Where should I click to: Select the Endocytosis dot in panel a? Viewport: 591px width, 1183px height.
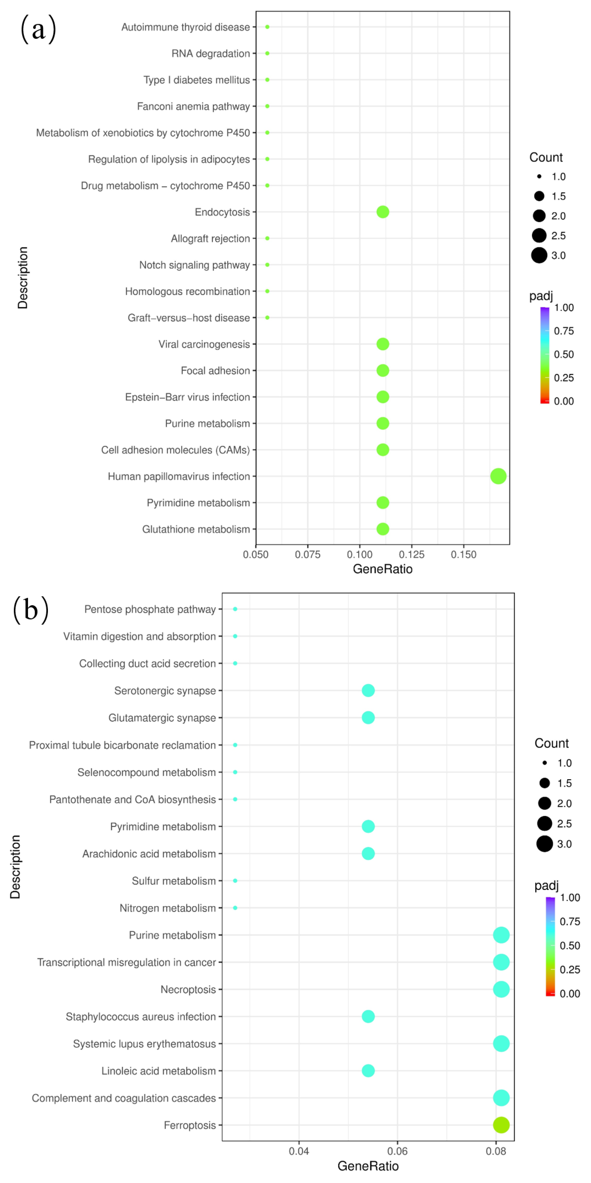pyautogui.click(x=383, y=212)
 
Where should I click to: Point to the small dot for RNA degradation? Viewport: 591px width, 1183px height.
pyautogui.click(x=267, y=53)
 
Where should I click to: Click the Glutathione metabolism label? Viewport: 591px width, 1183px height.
pyautogui.click(x=196, y=529)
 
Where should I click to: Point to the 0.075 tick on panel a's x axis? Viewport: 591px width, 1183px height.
pyautogui.click(x=307, y=554)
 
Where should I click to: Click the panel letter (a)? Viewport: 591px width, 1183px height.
pyautogui.click(x=39, y=28)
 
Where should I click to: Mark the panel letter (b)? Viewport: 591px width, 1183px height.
pyautogui.click(x=31, y=610)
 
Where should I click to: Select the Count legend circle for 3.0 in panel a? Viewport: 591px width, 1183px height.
pyautogui.click(x=539, y=255)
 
